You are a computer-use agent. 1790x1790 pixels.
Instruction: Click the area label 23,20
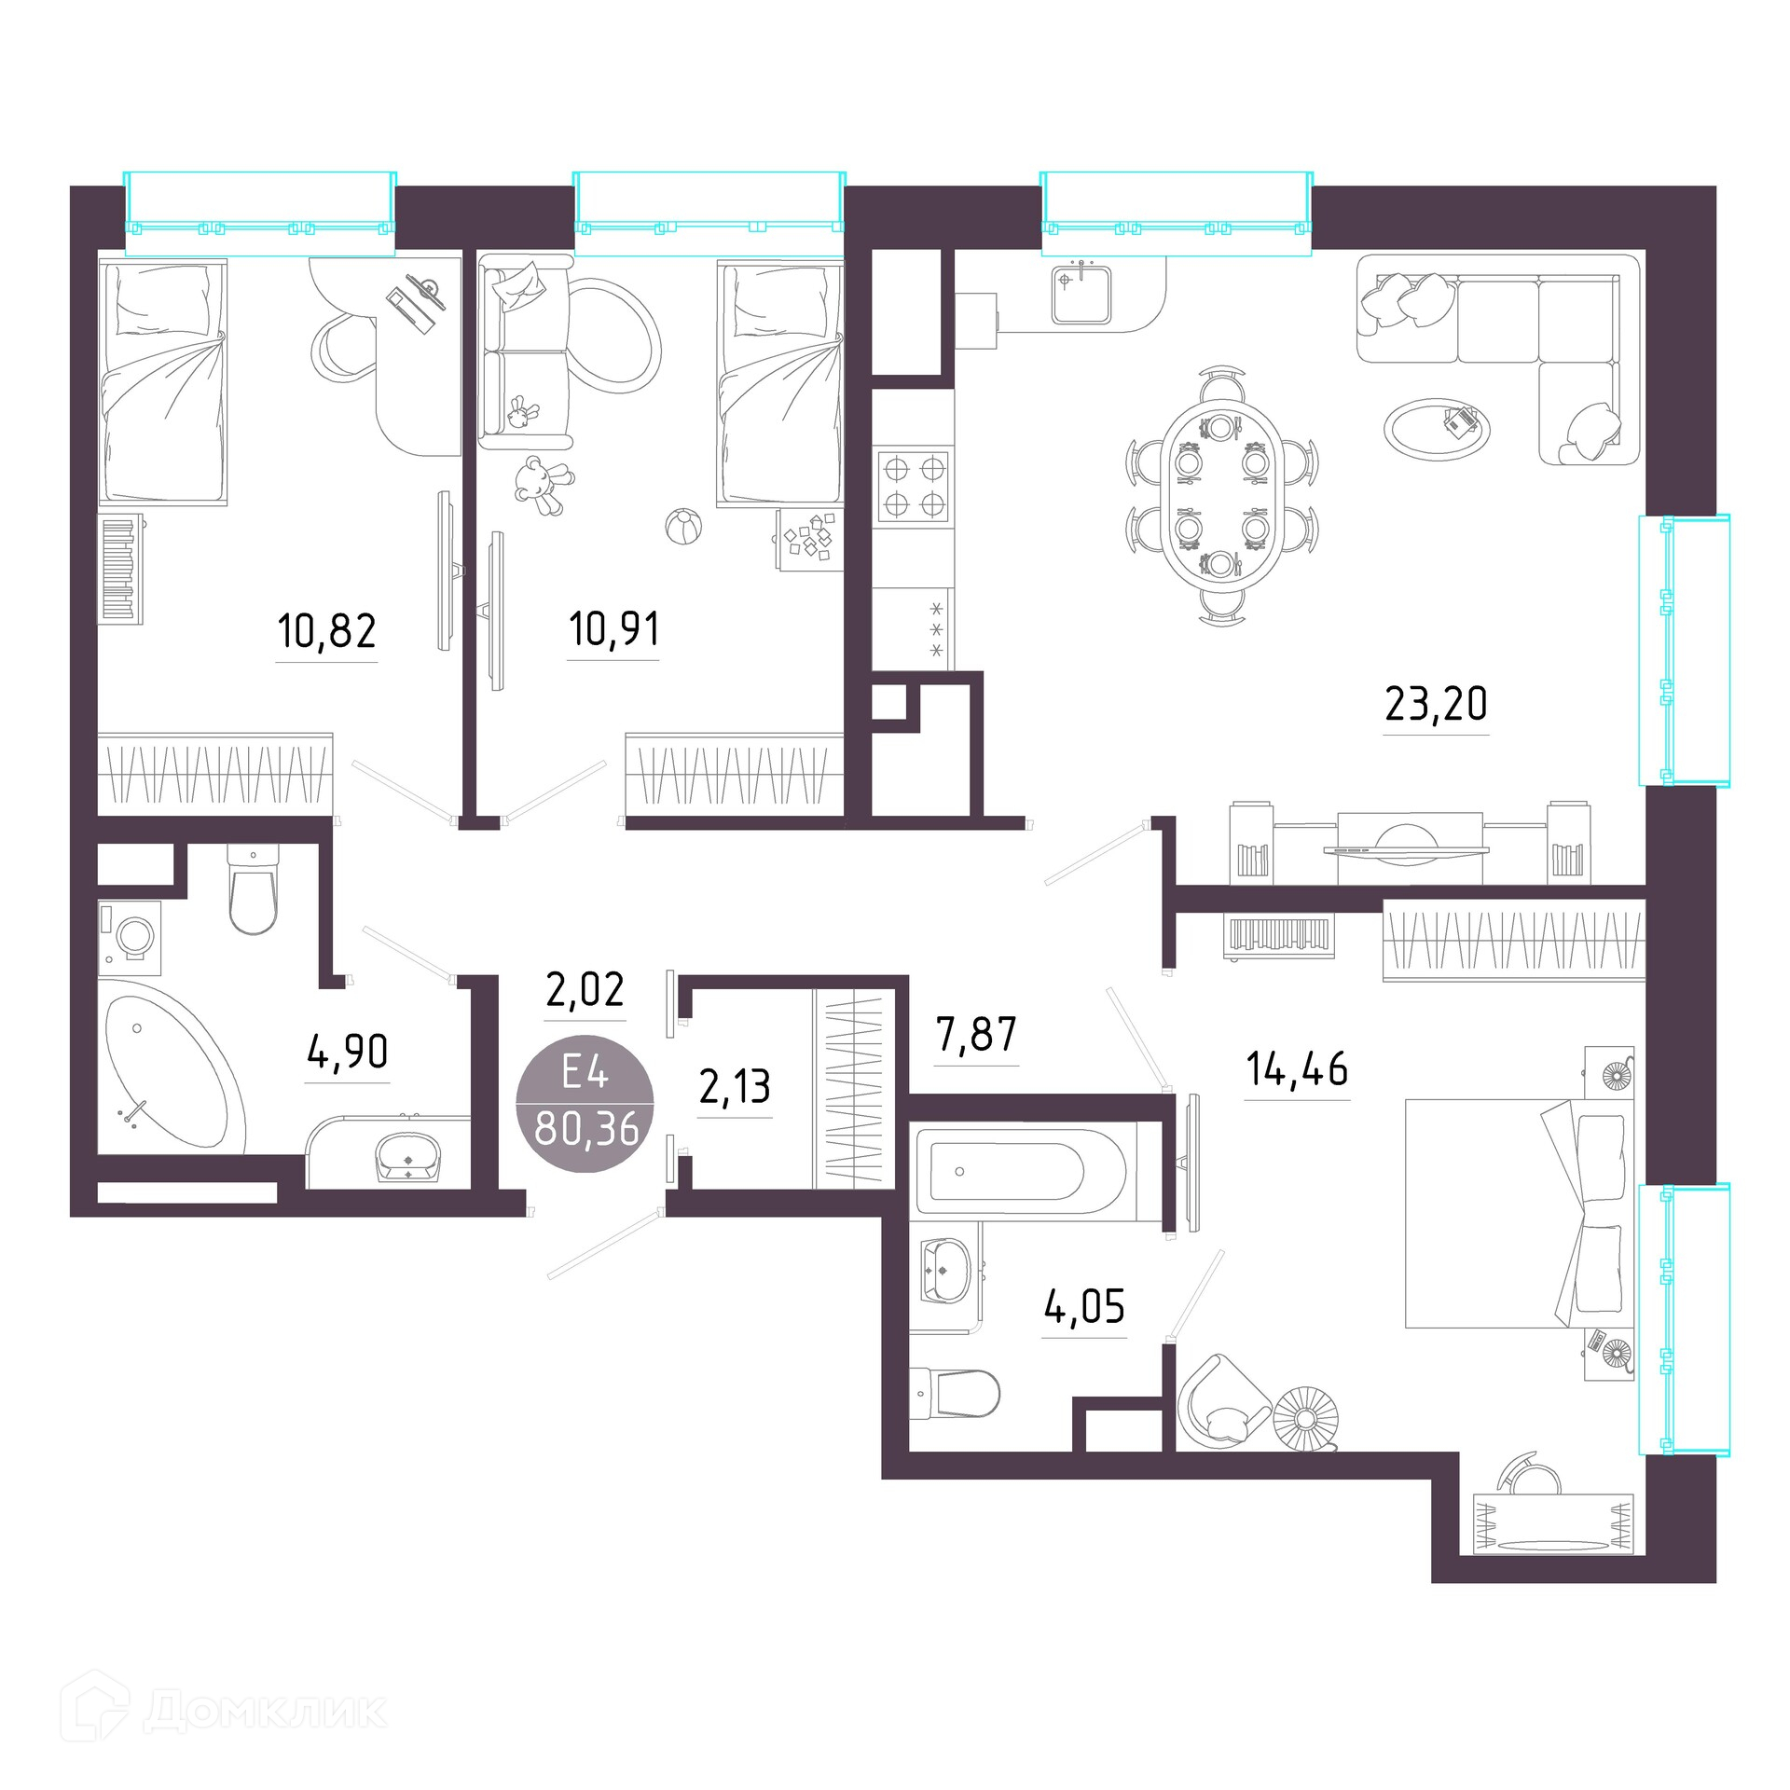[x=1436, y=705]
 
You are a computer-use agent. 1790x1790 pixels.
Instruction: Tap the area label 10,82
[x=326, y=632]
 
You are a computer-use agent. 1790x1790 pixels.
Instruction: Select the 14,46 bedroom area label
[x=1297, y=1069]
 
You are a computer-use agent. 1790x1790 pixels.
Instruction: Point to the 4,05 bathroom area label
[x=1084, y=1307]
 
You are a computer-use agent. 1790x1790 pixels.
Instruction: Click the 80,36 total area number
[x=586, y=1129]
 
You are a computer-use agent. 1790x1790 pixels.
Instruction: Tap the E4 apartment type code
[x=585, y=1073]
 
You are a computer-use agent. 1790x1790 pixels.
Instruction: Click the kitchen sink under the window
[x=1081, y=294]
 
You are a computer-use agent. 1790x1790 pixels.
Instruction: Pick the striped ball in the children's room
[x=683, y=527]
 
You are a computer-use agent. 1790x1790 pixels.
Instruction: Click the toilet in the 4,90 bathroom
[x=254, y=889]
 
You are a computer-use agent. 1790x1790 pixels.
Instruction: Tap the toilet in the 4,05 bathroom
[x=954, y=1394]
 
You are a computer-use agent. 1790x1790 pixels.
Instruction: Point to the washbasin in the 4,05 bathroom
[x=945, y=1269]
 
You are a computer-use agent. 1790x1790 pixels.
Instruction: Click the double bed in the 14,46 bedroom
[x=1520, y=1213]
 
